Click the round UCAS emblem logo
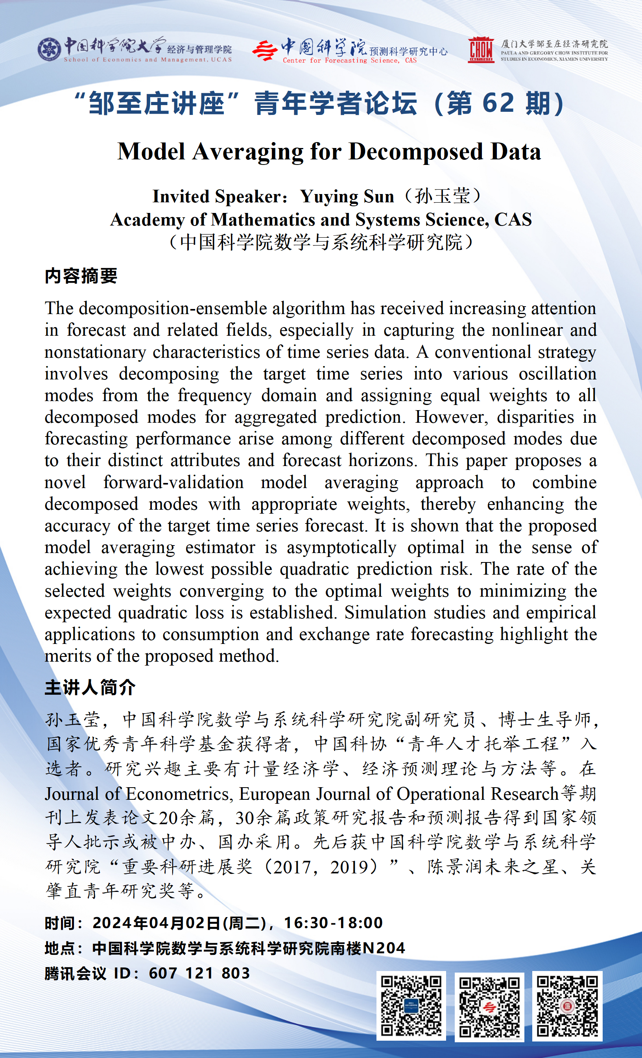click(49, 49)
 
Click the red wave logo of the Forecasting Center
click(264, 51)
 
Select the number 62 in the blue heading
click(498, 103)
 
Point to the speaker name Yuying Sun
click(347, 197)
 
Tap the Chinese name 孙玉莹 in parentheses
click(442, 197)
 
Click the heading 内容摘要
click(81, 276)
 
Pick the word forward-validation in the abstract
click(173, 482)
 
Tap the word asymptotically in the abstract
click(341, 547)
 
